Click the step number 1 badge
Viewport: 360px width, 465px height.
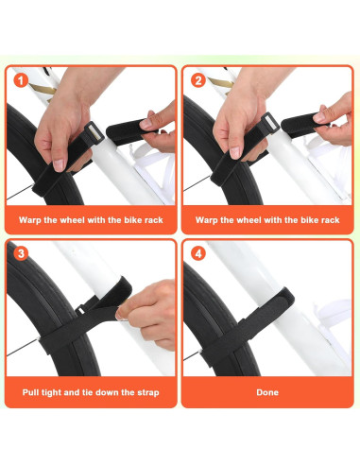click(x=19, y=80)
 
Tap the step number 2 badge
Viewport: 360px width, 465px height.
click(x=197, y=80)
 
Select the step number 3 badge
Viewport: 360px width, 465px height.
click(x=19, y=253)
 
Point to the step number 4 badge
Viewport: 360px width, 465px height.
click(x=197, y=253)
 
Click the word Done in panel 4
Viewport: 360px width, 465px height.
click(x=267, y=391)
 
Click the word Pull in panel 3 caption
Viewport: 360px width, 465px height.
click(x=33, y=391)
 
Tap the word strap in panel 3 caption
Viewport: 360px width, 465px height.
click(x=146, y=391)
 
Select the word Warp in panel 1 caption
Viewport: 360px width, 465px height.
click(x=30, y=219)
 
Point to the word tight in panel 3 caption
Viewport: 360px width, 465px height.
click(x=59, y=391)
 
